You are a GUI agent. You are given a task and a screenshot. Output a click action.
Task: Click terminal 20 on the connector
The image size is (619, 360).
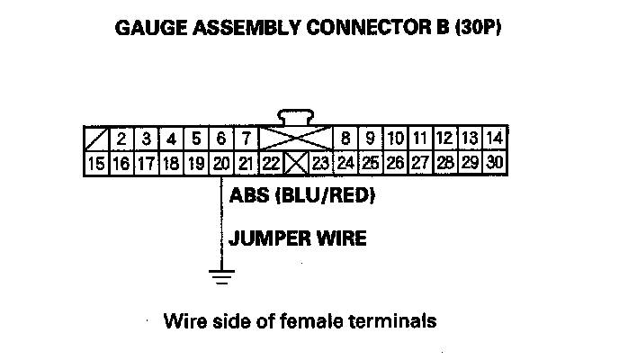(x=221, y=163)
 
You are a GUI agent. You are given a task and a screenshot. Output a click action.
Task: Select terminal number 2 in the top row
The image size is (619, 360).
(x=121, y=139)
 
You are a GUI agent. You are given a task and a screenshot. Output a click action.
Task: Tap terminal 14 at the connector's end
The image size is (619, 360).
(x=494, y=139)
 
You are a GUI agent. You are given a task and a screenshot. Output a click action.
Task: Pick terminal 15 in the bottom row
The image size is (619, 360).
(x=96, y=163)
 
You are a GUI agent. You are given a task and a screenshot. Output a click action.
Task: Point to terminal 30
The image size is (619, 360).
(x=494, y=163)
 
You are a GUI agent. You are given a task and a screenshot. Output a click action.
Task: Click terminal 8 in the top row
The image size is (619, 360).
(x=345, y=139)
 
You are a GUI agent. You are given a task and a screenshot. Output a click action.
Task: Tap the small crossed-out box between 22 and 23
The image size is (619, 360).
(x=296, y=163)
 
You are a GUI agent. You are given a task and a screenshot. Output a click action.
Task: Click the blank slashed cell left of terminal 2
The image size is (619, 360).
(x=96, y=139)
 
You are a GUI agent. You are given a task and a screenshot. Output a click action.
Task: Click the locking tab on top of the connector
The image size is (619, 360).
(x=296, y=116)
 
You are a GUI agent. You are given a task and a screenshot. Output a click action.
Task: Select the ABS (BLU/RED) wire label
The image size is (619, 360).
(x=301, y=195)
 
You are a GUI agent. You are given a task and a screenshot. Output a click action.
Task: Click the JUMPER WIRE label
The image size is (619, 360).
(x=298, y=238)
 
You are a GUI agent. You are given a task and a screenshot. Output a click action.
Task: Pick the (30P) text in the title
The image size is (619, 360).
(x=472, y=28)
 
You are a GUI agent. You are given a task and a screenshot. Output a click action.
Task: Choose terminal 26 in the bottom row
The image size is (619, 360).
(x=395, y=163)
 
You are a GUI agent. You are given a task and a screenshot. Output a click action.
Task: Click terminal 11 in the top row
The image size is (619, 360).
(x=419, y=139)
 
